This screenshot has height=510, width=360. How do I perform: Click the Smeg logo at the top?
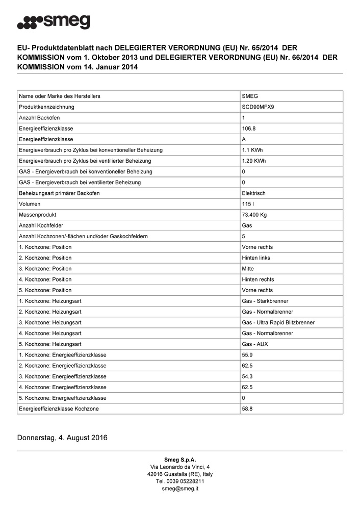point(54,22)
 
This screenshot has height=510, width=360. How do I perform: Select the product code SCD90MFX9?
point(261,107)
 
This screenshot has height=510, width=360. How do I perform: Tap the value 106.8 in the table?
point(249,129)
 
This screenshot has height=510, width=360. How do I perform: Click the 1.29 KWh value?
point(253,161)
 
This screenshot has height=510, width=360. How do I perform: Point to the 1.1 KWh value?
point(252,150)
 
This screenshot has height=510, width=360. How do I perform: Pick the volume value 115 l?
point(248,204)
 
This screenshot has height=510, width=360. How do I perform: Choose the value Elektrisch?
point(253,193)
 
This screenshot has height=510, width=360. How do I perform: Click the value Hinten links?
point(256,258)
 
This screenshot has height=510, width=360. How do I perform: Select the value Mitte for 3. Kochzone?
point(248,269)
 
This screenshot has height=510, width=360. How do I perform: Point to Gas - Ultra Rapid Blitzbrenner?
point(278,322)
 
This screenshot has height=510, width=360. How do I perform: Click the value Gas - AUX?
point(254,344)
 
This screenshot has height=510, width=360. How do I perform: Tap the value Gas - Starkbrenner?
point(266,301)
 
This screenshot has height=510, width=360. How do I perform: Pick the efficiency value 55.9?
point(247,355)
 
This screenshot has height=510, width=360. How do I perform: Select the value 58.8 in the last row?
point(247,409)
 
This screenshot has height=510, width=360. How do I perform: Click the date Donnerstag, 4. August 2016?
point(62,438)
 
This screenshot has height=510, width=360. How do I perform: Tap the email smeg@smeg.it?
point(180,488)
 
